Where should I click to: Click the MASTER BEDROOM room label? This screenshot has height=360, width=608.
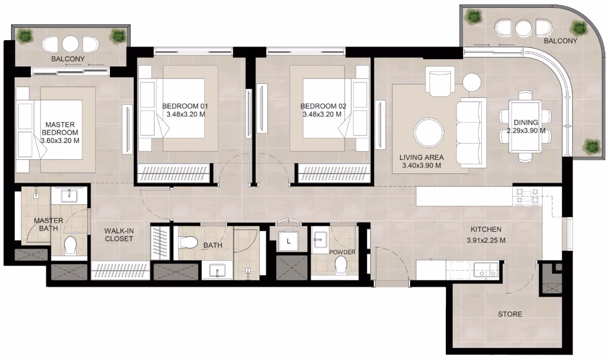[x=60, y=128]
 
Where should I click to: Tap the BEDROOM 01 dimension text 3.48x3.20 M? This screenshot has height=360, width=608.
[x=185, y=115]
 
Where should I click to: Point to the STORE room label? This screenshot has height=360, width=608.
[x=510, y=314]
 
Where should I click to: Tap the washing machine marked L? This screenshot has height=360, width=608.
[x=288, y=241]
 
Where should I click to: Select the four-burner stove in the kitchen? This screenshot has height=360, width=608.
[x=527, y=196]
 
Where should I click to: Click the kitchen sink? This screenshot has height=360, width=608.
[x=486, y=269]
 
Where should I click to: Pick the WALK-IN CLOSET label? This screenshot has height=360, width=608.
[x=119, y=235]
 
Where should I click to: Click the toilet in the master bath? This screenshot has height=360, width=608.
[x=70, y=245]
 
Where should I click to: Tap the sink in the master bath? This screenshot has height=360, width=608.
[x=69, y=196]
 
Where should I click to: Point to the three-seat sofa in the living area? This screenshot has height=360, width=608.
[x=471, y=132]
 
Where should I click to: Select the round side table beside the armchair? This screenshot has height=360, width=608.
[x=472, y=82]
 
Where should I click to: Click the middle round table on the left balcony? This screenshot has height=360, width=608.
[x=70, y=44]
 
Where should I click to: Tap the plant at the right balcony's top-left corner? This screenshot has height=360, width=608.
[x=474, y=16]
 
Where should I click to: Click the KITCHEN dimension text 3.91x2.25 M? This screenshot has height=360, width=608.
[x=486, y=240]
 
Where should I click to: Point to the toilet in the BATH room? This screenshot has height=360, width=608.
[x=188, y=242]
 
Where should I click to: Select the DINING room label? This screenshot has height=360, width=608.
[x=526, y=123]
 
